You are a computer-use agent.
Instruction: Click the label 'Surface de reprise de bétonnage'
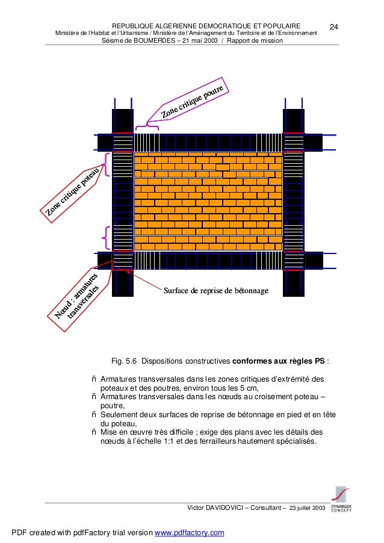tap(215, 291)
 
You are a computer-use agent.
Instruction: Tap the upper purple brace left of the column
tap(107, 163)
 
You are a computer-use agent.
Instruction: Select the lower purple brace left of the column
tap(107, 237)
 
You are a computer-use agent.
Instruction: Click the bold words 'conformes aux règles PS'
tap(278, 362)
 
